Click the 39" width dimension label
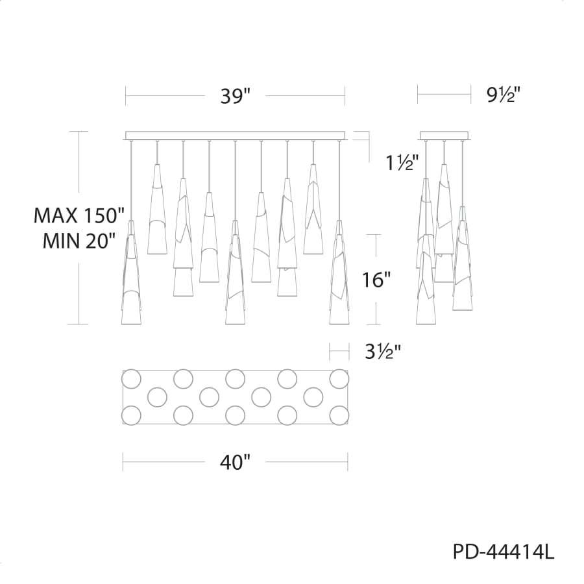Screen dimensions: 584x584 coord(235,96)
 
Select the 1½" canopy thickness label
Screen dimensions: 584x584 coord(402,162)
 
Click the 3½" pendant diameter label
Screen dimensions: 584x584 coord(383,351)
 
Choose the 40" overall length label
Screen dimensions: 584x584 coord(235,462)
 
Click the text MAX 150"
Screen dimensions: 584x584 coord(79,215)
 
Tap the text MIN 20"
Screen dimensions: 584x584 coord(77,241)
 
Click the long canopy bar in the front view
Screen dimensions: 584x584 coord(236,136)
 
